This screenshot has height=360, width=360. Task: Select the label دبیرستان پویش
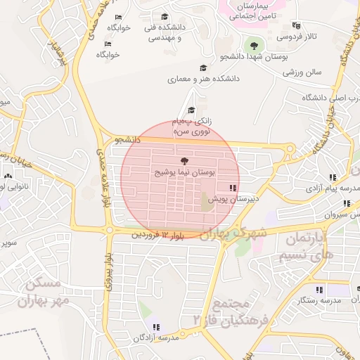[232, 200]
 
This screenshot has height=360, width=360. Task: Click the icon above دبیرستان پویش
[232, 188]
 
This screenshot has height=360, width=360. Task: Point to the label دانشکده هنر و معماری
[203, 79]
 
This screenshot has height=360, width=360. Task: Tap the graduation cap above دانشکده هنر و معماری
[203, 68]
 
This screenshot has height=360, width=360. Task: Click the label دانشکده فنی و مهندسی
[164, 32]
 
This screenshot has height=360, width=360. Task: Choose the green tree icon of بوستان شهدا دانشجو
[253, 46]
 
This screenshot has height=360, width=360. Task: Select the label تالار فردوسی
[296, 36]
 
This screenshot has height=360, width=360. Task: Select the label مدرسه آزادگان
[156, 338]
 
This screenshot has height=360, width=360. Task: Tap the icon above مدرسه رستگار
[319, 289]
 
